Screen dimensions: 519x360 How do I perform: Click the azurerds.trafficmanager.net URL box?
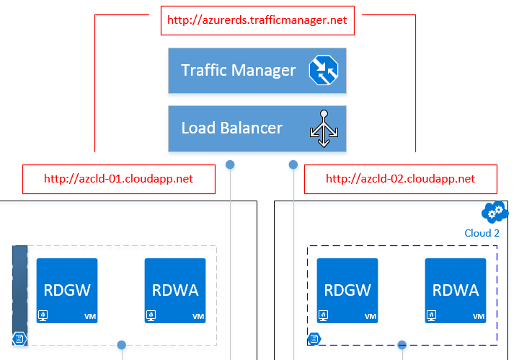point(257,20)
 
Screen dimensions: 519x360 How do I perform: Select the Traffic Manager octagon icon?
point(324,70)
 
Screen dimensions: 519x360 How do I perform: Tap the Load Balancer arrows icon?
point(324,128)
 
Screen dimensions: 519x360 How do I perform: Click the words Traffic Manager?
point(239,70)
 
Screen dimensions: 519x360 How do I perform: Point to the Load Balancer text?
point(231,128)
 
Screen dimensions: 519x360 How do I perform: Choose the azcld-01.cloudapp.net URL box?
point(119,179)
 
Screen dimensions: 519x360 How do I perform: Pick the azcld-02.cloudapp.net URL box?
point(401,179)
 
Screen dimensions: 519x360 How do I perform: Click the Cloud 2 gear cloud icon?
point(494,212)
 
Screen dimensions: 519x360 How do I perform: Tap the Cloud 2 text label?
point(482,233)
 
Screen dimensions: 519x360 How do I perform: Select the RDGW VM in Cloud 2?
point(347,291)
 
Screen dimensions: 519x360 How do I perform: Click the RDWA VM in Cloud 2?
point(456,291)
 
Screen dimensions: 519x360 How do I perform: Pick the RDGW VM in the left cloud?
point(67,291)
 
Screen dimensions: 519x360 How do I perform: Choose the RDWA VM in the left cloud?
point(175,291)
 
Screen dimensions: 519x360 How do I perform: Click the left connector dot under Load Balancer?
point(230,164)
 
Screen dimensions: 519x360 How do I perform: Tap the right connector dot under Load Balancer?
point(293,164)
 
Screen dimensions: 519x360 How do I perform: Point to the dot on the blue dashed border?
point(402,345)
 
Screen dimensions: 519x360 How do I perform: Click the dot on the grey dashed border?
point(122,345)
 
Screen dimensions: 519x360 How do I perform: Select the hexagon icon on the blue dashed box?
point(314,339)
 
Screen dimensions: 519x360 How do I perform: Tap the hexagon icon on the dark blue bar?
point(19,339)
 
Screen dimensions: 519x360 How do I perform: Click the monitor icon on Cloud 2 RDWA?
point(431,315)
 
